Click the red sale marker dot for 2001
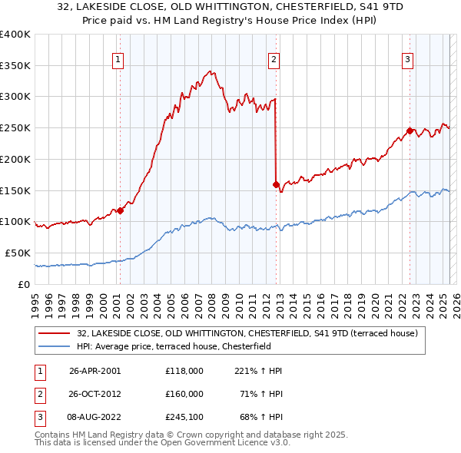[120, 210]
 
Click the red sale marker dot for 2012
[275, 184]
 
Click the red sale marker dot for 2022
[410, 131]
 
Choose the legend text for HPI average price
[184, 346]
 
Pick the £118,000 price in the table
[184, 371]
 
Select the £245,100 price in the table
[184, 417]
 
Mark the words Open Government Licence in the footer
[211, 443]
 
